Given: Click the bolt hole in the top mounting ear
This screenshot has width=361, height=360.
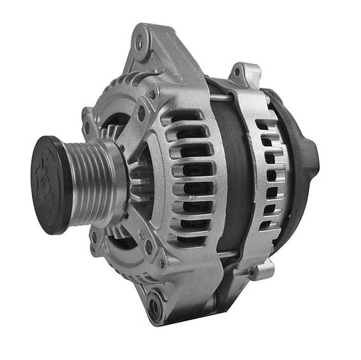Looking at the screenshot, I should pos(141,43).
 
